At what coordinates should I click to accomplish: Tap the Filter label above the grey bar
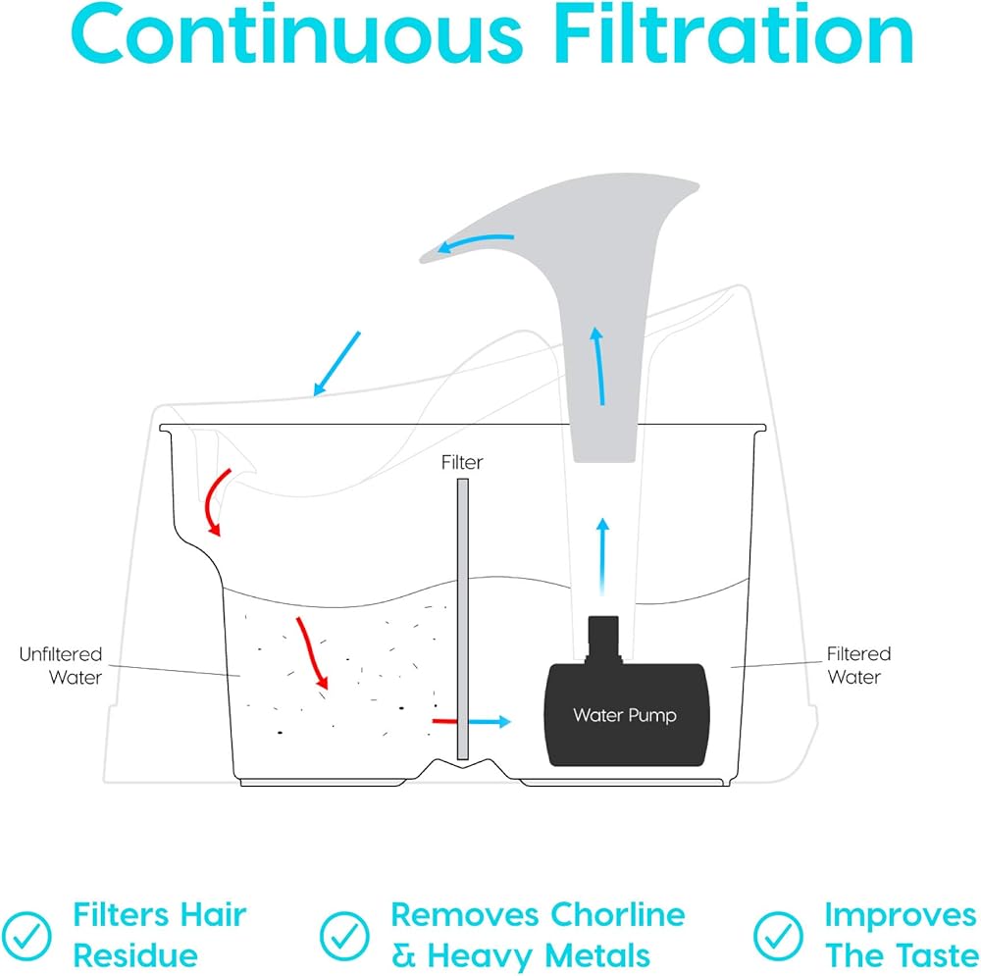[x=462, y=462]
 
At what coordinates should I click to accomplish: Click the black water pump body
[x=624, y=712]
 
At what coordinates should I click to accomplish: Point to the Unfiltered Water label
[x=61, y=665]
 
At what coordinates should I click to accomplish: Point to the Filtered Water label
[x=858, y=665]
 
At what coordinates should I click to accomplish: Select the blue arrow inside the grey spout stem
[x=597, y=366]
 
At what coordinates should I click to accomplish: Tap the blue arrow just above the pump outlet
[x=602, y=555]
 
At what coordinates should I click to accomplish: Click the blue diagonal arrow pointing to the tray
[x=336, y=363]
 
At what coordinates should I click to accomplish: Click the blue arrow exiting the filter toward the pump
[x=490, y=722]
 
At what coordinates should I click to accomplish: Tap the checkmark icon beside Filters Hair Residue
[x=30, y=935]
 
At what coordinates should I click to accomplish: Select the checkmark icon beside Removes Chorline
[x=344, y=935]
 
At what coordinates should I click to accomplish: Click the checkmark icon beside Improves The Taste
[x=777, y=935]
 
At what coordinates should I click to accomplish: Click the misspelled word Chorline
[x=615, y=915]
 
